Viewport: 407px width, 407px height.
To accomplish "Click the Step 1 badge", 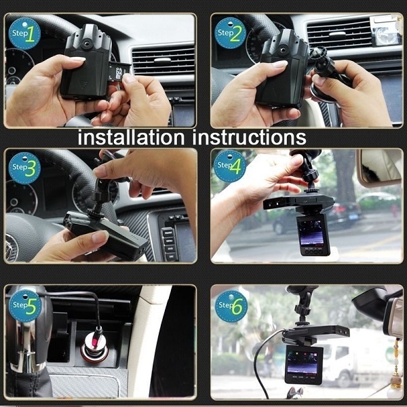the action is tap(24, 34).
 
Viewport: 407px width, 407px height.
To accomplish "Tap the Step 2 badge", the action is tap(230, 33).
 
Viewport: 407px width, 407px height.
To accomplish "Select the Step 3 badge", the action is tap(24, 168).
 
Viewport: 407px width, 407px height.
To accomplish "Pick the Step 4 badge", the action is tap(230, 166).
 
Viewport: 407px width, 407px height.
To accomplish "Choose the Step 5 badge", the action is tap(25, 306).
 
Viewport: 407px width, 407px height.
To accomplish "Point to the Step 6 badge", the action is tap(231, 307).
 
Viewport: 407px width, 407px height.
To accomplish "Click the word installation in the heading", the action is tap(131, 137).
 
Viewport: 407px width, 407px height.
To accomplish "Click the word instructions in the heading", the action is tap(249, 137).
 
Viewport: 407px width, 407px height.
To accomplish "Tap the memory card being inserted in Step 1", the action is tap(119, 71).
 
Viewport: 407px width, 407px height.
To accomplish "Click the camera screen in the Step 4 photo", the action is tap(312, 233).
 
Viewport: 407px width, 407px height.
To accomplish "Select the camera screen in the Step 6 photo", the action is tap(303, 362).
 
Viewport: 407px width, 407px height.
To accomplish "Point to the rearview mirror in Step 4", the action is tap(379, 167).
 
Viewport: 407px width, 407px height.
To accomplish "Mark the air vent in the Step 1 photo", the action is tap(163, 60).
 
